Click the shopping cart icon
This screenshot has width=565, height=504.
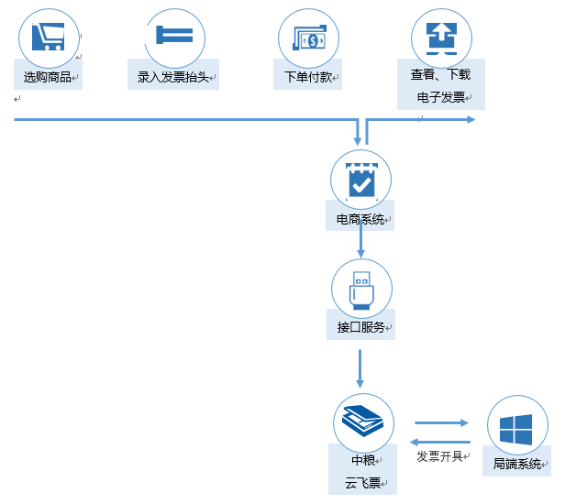coord(48,37)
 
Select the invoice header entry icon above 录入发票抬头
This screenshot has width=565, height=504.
coord(174,36)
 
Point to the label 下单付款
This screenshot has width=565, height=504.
coord(306,77)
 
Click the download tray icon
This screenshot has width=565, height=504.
coord(441,37)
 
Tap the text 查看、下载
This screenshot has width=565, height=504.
coord(440,75)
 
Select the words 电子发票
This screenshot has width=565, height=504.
coord(440,97)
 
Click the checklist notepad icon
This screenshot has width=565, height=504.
coord(361,180)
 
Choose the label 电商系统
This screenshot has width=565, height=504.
coord(360,219)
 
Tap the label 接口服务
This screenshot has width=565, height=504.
coord(360,327)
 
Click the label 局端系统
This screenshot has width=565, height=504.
coord(516,464)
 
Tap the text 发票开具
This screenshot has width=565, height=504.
coord(439,456)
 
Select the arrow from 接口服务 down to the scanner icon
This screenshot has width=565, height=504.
coord(361,367)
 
